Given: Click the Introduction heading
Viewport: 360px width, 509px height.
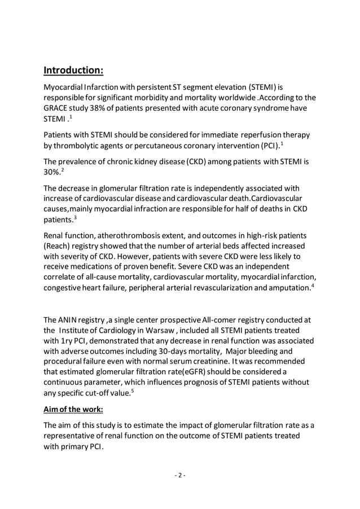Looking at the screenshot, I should coord(73,71).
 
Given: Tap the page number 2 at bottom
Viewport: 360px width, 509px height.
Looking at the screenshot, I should coord(179,475).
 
